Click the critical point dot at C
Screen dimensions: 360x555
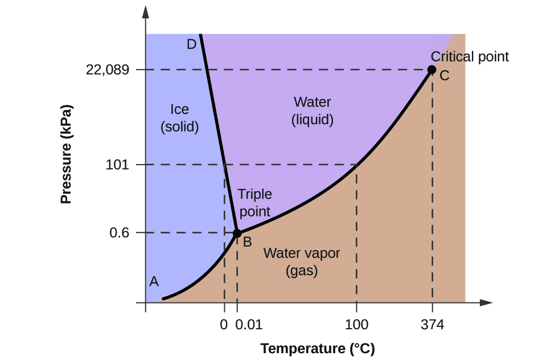pyautogui.click(x=431, y=69)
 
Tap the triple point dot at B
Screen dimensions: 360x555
pyautogui.click(x=237, y=233)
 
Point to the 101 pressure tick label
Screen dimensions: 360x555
pyautogui.click(x=119, y=165)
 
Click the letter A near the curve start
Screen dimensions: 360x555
pyautogui.click(x=154, y=281)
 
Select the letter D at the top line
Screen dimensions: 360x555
pyautogui.click(x=192, y=44)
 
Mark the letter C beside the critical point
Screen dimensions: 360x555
pyautogui.click(x=445, y=75)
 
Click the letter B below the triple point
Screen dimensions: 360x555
pyautogui.click(x=248, y=242)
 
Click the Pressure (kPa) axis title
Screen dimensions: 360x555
pyautogui.click(x=67, y=154)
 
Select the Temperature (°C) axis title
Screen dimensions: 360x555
pyautogui.click(x=318, y=349)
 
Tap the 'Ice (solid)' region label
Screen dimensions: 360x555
pyautogui.click(x=179, y=118)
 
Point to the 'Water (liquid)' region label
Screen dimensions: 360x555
pyautogui.click(x=312, y=111)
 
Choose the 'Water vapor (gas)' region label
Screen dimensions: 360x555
pyautogui.click(x=301, y=262)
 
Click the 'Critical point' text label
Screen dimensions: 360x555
pyautogui.click(x=470, y=56)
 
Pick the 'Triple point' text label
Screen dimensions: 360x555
pyautogui.click(x=254, y=203)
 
